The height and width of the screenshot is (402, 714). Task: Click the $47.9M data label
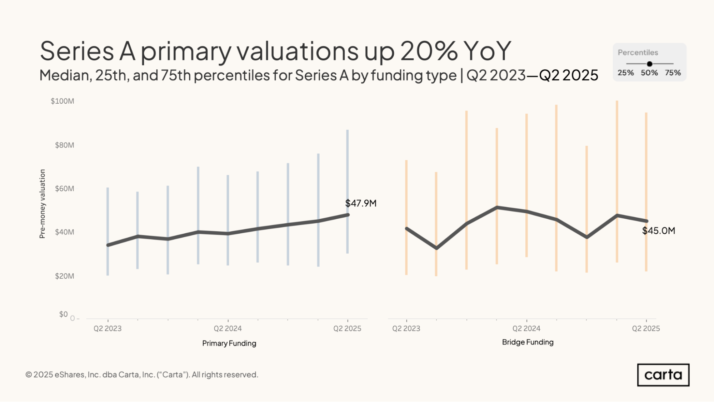point(361,203)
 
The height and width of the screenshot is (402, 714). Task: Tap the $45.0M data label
point(658,231)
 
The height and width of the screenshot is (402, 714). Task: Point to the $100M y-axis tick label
point(63,101)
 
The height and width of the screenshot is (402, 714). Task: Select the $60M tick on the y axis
point(64,189)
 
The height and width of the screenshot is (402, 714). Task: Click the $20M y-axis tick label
point(64,276)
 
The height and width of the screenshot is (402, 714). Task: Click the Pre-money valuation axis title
point(42,204)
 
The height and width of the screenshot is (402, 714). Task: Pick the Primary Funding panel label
point(229,343)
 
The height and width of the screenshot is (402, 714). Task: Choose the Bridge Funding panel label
point(528,342)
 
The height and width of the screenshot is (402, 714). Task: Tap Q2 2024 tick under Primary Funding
point(228,328)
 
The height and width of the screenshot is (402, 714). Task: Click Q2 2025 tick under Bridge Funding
point(646,328)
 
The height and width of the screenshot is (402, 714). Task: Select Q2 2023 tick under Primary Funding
point(108,328)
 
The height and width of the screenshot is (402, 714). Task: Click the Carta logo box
point(663,375)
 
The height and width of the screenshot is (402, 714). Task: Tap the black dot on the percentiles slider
point(649,64)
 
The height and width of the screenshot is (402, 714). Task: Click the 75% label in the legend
point(673,73)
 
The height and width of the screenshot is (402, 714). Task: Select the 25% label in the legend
point(625,73)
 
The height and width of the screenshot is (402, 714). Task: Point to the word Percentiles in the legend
point(638,53)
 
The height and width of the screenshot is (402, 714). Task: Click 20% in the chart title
point(429,51)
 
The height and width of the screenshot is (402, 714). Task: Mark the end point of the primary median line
point(348,215)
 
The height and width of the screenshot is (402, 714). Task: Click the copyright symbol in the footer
point(29,375)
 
